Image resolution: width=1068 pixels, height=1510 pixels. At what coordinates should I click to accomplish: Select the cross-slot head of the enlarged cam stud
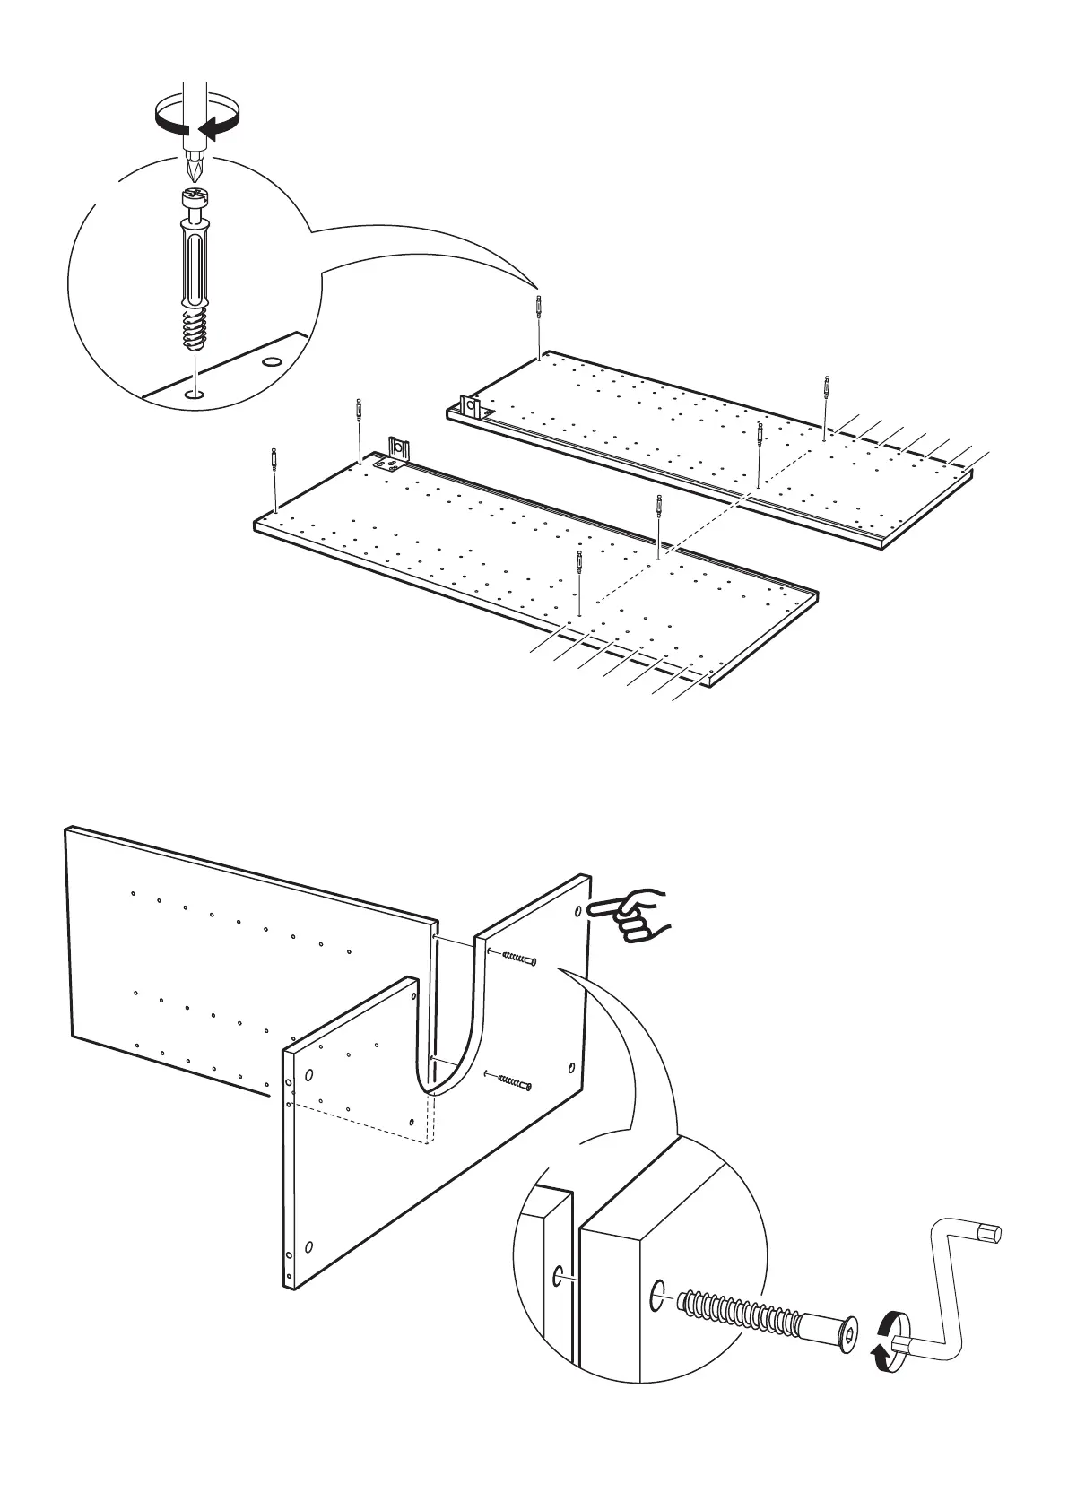point(195,196)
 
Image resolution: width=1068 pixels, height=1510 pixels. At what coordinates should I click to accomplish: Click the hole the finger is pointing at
point(577,911)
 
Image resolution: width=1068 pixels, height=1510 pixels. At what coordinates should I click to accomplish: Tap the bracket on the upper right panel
point(472,408)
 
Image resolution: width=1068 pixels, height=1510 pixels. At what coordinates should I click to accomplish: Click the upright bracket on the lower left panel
point(398,447)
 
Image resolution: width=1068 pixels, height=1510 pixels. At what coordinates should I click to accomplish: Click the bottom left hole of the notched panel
point(309,1245)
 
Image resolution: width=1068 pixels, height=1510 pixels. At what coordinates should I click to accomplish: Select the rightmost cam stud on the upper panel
point(825,389)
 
